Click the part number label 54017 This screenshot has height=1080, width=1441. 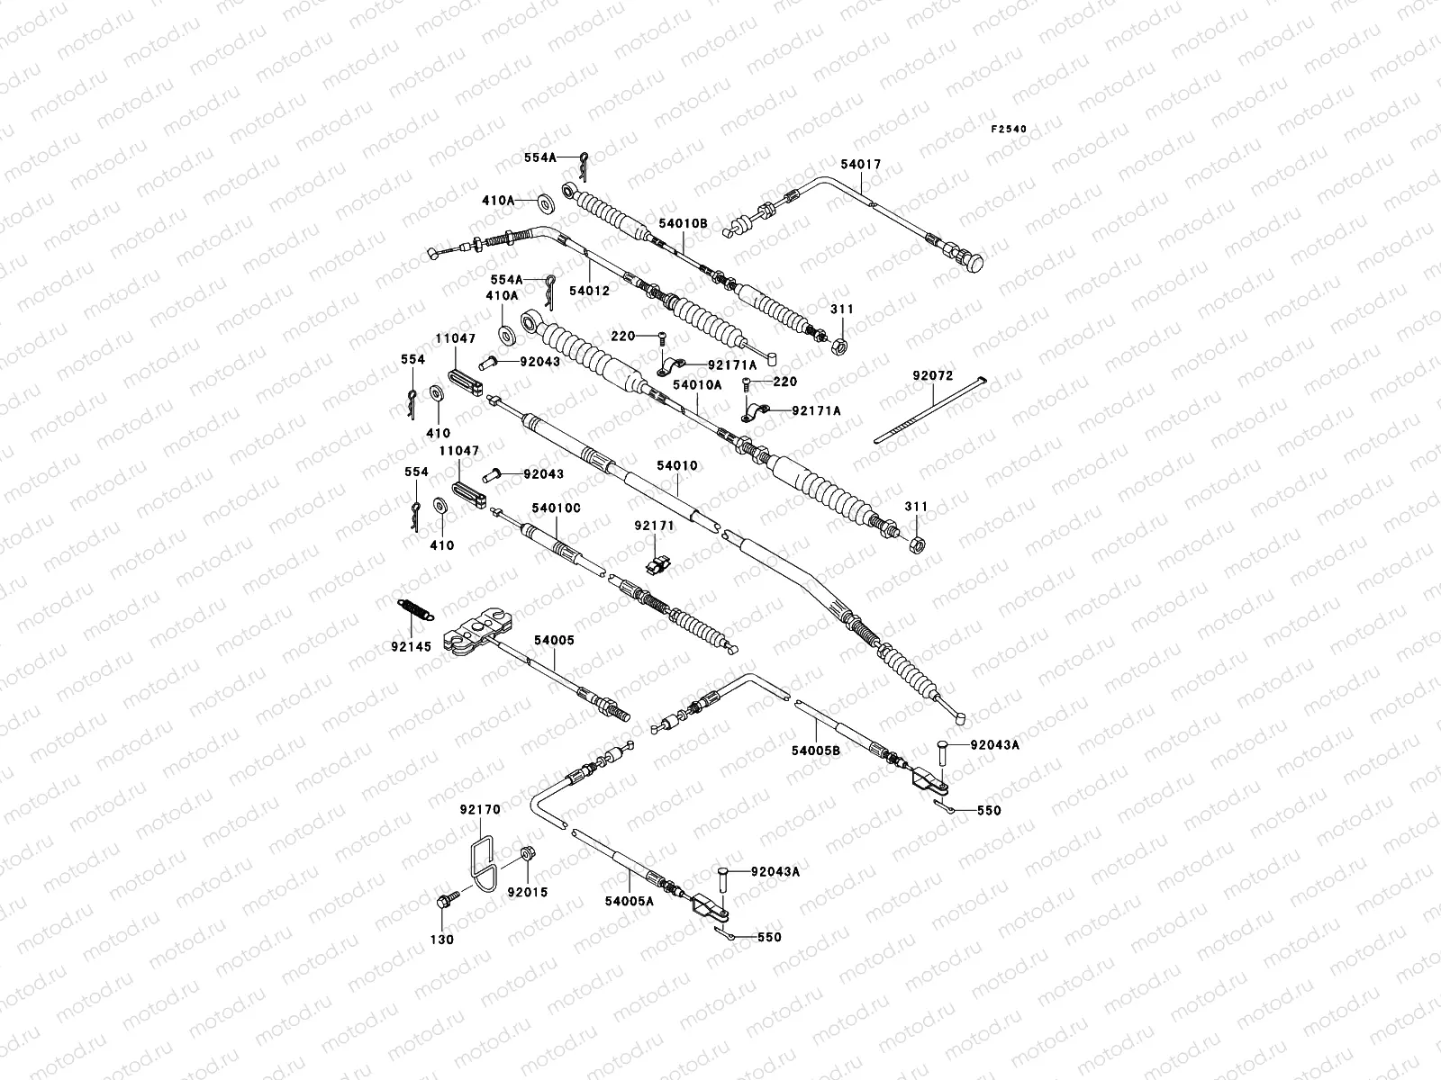(862, 165)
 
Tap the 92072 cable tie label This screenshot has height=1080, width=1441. (931, 376)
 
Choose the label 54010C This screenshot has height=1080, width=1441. (556, 508)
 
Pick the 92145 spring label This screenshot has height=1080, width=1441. (411, 646)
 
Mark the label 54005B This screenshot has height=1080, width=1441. (816, 749)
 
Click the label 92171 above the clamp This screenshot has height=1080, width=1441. (653, 524)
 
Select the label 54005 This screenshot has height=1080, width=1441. (554, 640)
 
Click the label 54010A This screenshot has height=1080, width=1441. (698, 384)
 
